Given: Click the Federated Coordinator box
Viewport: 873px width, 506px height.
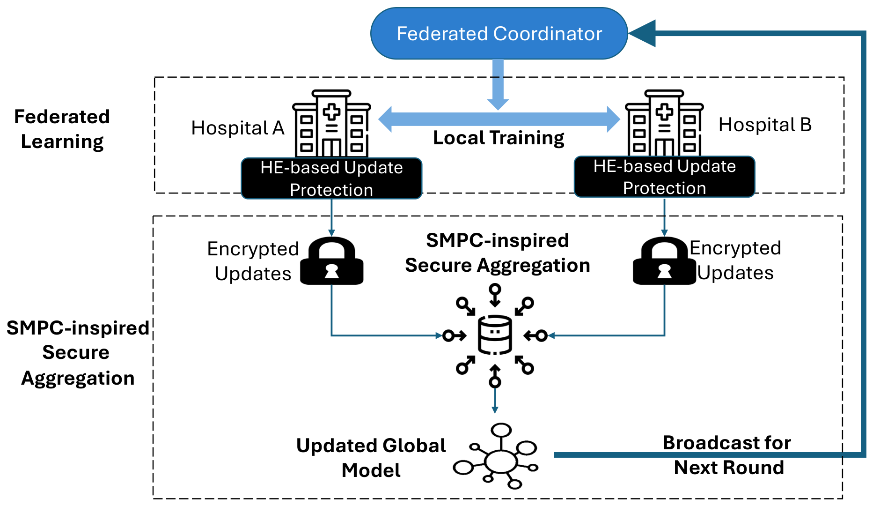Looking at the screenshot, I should pos(499,34).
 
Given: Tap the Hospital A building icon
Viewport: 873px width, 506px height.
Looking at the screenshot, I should pos(331,124).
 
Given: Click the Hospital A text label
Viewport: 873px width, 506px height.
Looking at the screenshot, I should pos(238,128).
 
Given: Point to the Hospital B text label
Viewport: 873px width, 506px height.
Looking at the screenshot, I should pos(765,125).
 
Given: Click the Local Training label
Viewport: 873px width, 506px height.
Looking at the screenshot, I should pos(499,138).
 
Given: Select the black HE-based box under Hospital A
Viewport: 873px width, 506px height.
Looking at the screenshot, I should pos(331,179).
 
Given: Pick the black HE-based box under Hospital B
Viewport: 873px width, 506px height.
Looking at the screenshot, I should pos(664,177).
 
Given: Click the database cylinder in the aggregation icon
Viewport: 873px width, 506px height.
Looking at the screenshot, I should pos(495,335).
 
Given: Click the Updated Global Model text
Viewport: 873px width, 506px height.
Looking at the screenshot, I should pos(371,457).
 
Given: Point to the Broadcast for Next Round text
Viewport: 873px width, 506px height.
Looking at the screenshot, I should pos(728,455).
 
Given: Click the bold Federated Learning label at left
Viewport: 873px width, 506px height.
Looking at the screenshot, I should pos(62,129).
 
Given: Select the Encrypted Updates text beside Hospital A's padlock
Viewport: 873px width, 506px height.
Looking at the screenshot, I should pos(253,261).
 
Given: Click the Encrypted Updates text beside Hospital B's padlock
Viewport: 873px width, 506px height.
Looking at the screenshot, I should pos(735,260).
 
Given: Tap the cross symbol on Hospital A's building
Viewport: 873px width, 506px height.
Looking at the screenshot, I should pos(331,112).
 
